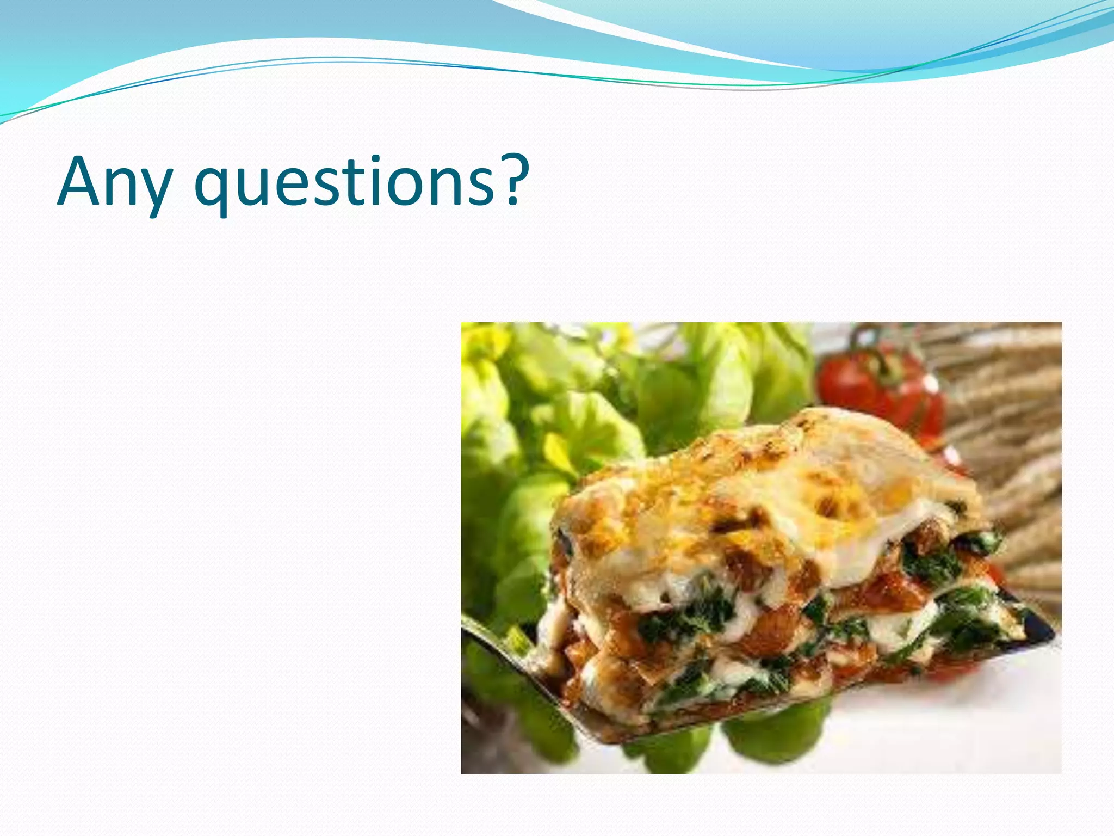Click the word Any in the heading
coord(114,182)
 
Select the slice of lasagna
coord(772,571)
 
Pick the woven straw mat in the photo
coord(1006,435)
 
